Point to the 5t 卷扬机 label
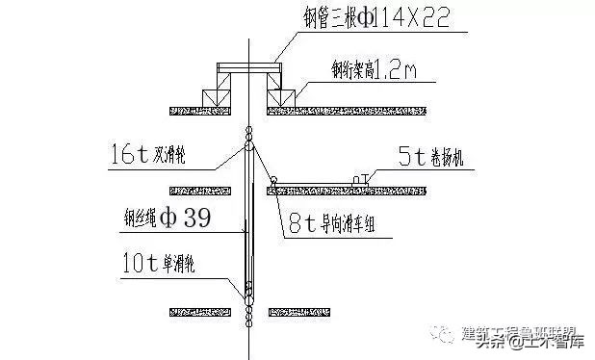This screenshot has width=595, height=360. tap(430, 157)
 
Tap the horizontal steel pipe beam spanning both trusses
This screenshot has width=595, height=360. tap(248, 68)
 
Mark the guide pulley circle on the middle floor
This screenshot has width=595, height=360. tap(273, 178)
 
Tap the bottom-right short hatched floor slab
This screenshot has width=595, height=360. tap(290, 311)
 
